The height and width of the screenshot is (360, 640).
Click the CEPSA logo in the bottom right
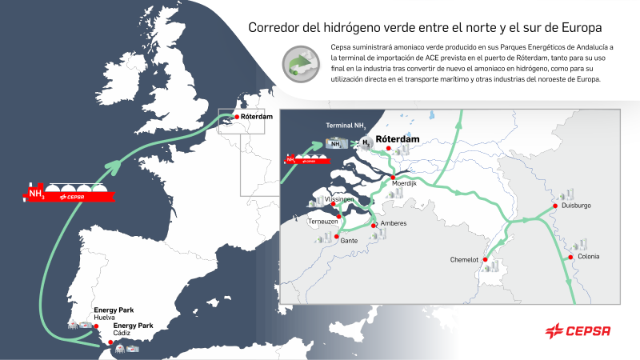(x=578, y=330)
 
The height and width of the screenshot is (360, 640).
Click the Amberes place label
(x=394, y=223)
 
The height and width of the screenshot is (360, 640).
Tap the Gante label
(x=348, y=240)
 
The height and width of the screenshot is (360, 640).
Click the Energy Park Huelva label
(x=110, y=314)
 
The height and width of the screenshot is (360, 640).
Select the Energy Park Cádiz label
(x=133, y=330)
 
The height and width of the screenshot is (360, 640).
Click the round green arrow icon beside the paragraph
(x=300, y=64)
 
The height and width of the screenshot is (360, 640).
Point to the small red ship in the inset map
(x=302, y=159)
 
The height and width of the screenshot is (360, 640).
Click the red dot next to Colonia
(x=571, y=258)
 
